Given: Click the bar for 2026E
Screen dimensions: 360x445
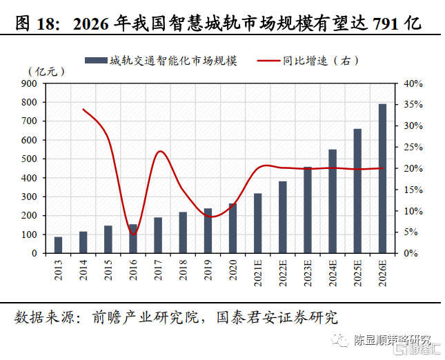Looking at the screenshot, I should click(x=382, y=179).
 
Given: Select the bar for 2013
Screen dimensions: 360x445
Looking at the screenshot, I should click(x=59, y=245).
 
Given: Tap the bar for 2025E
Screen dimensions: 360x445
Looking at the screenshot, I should click(x=357, y=191).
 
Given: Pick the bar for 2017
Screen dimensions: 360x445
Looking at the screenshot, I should click(x=158, y=235).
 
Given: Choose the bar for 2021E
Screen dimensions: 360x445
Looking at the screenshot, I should click(x=258, y=223).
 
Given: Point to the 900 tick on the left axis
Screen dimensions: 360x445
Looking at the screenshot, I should click(x=30, y=83).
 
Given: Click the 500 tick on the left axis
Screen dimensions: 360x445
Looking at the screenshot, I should click(x=30, y=159).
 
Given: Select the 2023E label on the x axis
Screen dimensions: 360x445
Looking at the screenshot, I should click(x=308, y=270).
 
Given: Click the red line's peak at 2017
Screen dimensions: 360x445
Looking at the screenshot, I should click(x=159, y=152).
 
